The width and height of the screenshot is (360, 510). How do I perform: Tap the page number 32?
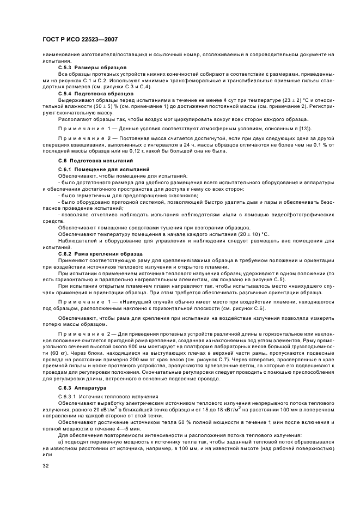(x=46, y=466)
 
